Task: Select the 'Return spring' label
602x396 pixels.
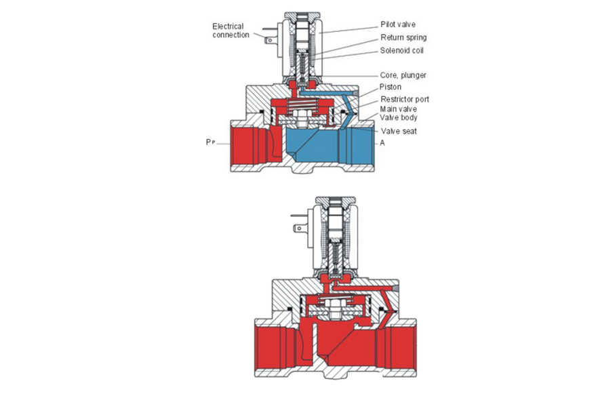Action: click(x=403, y=37)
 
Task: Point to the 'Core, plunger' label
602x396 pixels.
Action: click(x=403, y=75)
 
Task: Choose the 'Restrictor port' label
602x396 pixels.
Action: click(x=404, y=100)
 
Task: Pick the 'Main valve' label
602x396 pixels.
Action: click(x=398, y=108)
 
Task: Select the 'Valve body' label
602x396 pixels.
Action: click(x=398, y=117)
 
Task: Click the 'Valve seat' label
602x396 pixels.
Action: click(x=398, y=131)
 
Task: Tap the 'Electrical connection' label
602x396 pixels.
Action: click(x=230, y=31)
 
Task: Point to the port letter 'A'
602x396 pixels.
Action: click(x=382, y=143)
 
